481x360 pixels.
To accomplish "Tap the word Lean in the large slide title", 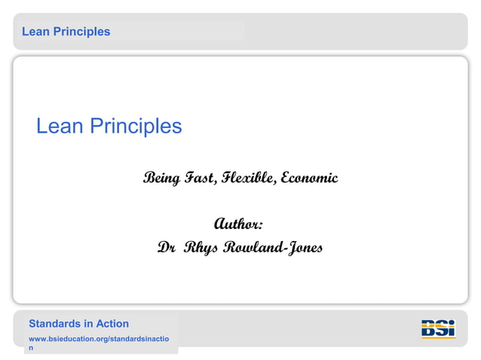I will coord(60,126).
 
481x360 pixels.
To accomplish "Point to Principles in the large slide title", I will coord(136,126).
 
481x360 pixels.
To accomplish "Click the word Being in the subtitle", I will coord(161,178).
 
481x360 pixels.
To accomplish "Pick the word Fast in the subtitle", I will coord(201,178).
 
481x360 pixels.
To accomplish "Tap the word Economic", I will coord(309,178).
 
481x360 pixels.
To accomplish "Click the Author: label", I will coord(239,224).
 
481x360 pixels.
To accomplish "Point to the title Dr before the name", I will coord(166,248).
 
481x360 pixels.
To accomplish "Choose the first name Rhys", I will coord(199,248).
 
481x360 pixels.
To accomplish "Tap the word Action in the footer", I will coord(112,324).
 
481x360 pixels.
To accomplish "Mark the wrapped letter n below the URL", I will coord(32,349).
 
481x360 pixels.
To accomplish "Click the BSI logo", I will coord(438,329).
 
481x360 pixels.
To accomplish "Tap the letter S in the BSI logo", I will coord(440,328).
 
